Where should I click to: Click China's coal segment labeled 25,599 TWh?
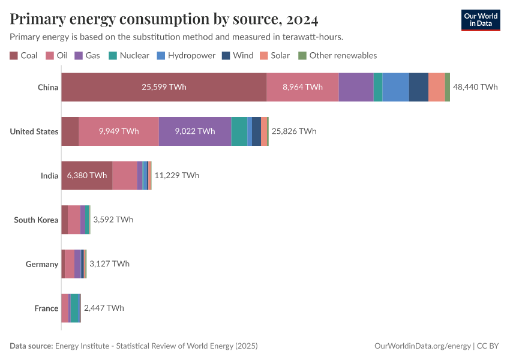164,87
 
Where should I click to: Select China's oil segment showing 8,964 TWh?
302,87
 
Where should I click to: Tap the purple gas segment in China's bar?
356,87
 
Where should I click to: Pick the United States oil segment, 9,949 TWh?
119,131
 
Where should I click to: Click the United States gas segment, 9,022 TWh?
195,131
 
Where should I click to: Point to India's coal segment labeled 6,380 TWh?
86,175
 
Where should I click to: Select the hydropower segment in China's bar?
396,87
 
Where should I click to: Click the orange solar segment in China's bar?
437,87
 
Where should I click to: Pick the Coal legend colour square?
14,56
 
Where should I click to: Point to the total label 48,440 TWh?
475,87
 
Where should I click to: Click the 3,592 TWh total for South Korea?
113,220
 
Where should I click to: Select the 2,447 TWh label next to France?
104,308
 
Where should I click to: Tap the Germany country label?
42,264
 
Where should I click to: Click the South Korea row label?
36,220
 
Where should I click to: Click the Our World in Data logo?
481,20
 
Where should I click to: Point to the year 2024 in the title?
299,20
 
